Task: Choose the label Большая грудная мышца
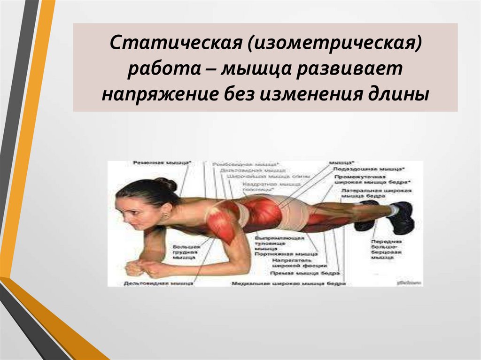[x=186, y=252]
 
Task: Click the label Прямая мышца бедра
[x=306, y=273]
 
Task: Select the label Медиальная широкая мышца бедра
[x=289, y=283]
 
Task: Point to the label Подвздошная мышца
[x=368, y=168]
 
